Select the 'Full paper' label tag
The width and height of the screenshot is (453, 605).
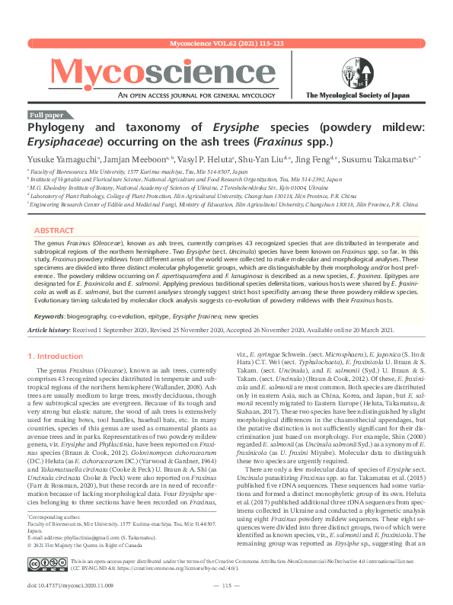(x=46, y=114)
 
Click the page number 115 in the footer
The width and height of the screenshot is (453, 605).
(x=226, y=584)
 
